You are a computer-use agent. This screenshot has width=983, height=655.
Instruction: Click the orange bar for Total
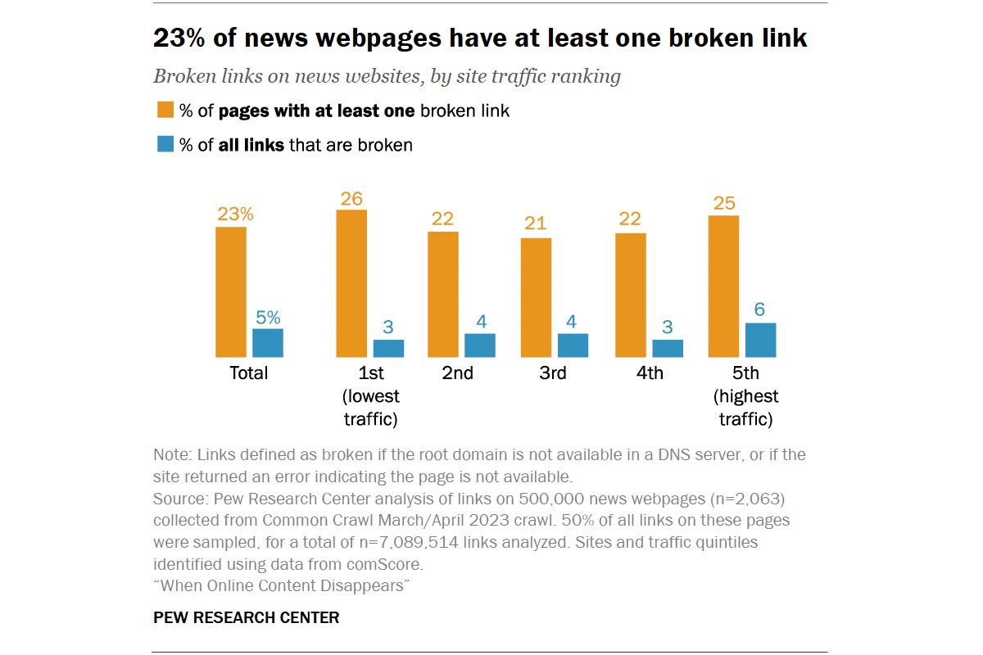[231, 292]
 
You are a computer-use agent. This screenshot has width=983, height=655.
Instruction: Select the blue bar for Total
[268, 343]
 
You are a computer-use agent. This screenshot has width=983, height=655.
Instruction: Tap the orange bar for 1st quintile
[351, 283]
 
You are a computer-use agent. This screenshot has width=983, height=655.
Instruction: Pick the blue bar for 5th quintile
[760, 340]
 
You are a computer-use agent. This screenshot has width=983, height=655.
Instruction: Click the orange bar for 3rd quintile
[536, 298]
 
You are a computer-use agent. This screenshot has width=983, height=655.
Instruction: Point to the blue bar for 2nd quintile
[480, 346]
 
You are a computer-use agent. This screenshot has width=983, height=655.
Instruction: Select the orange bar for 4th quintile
[631, 296]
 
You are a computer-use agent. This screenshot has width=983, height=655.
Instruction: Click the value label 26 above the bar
[351, 199]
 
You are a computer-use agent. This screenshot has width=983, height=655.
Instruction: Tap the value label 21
[536, 224]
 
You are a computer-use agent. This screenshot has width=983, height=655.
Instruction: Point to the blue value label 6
[759, 309]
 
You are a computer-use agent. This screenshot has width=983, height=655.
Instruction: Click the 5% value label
[268, 318]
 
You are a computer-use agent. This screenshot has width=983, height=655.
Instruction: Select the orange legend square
[165, 110]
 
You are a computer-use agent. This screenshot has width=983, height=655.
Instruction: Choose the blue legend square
[165, 144]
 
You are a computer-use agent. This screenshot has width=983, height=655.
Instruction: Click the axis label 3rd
[552, 373]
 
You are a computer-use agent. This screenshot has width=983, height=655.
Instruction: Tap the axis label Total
[248, 373]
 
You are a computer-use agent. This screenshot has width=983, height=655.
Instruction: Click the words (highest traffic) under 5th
[745, 408]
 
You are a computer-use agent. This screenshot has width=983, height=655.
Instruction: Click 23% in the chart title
[179, 38]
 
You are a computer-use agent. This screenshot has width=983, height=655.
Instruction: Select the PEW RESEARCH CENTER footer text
[247, 617]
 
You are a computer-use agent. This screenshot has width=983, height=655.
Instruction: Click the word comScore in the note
[384, 564]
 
